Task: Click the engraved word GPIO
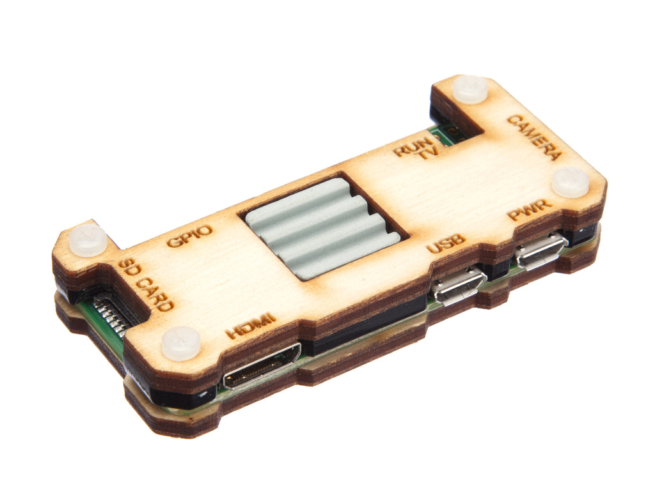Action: (189, 236)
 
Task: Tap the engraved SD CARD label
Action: (145, 286)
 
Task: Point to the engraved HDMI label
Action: (251, 326)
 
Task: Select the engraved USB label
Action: (446, 244)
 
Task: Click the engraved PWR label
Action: (530, 210)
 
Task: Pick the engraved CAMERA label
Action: (534, 138)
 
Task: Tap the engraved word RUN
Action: (413, 146)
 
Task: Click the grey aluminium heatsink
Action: (322, 227)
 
